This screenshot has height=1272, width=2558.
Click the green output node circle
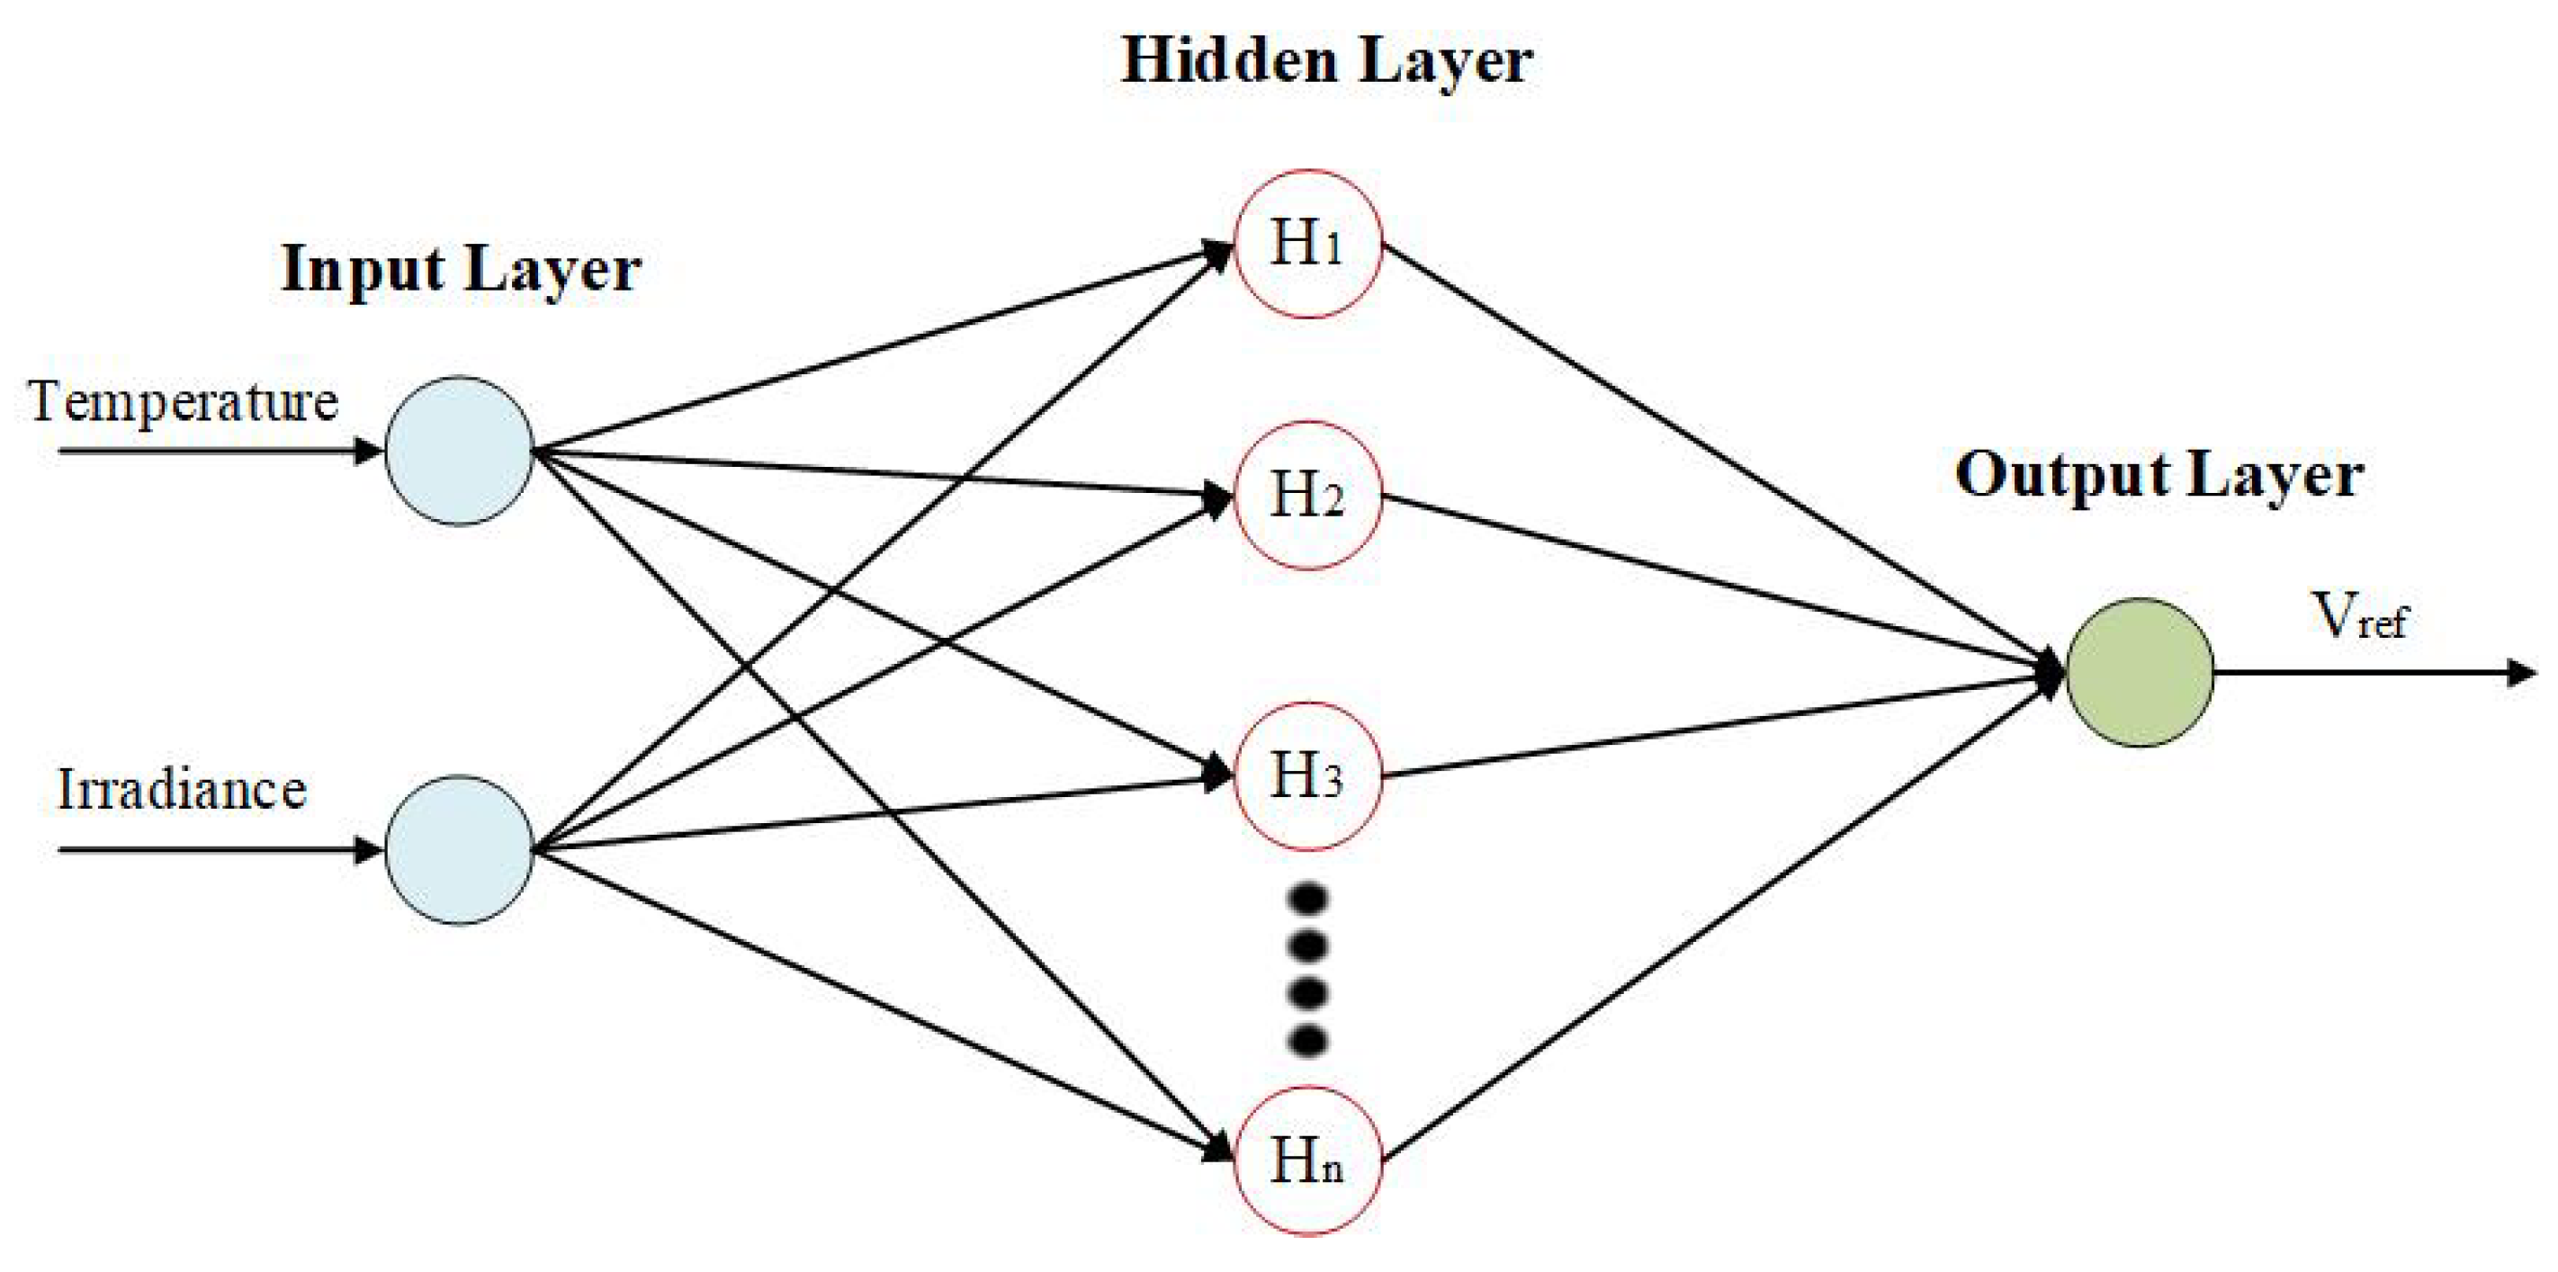(x=2140, y=672)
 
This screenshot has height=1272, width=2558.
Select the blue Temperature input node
(x=459, y=451)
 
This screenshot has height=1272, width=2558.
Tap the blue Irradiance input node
(x=459, y=850)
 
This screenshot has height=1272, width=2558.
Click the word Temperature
(x=184, y=402)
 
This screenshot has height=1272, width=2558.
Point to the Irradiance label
(x=182, y=791)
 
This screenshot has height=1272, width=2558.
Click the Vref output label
(x=2359, y=615)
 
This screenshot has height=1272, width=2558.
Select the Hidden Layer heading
(x=1326, y=61)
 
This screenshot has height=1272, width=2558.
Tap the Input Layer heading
(x=461, y=269)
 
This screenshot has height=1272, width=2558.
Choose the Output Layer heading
(x=2159, y=475)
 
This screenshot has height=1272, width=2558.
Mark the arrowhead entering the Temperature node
(x=368, y=452)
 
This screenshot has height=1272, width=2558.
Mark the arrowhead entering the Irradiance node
(x=368, y=850)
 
